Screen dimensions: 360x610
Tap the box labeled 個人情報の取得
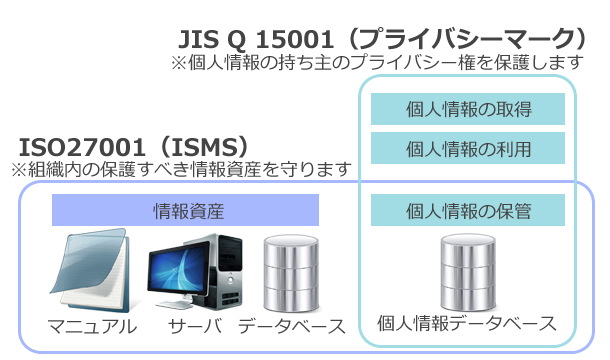(468, 109)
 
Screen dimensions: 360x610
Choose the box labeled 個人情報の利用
(468, 149)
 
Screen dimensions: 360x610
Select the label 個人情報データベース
(468, 324)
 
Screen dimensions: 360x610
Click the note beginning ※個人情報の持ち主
(377, 63)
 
